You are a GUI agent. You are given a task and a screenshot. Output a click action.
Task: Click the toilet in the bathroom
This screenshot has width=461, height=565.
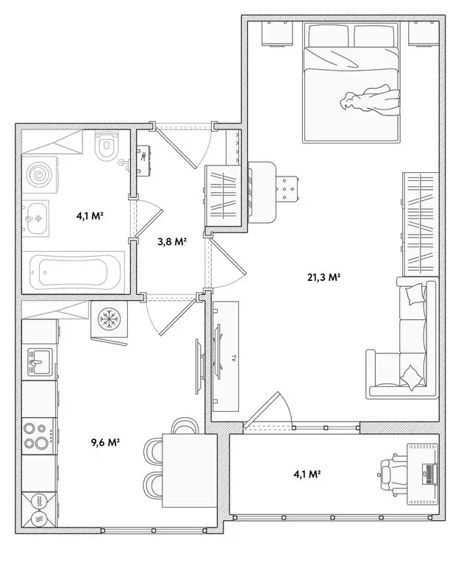[x=107, y=146]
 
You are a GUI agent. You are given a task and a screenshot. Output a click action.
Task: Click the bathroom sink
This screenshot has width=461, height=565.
[x=36, y=218]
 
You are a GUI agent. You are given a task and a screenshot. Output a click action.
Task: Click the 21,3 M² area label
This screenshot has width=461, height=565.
[x=324, y=277]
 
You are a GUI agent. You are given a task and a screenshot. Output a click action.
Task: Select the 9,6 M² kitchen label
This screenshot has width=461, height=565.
[x=105, y=443]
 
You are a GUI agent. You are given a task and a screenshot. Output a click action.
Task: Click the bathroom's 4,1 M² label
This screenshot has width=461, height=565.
[x=89, y=216]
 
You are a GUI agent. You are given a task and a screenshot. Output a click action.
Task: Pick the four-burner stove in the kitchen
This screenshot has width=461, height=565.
[x=37, y=434]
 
